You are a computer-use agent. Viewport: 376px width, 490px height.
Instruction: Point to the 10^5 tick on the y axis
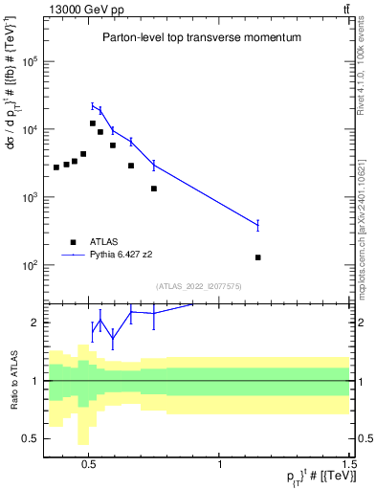(x=29, y=61)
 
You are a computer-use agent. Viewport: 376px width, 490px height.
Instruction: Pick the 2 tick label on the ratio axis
(x=34, y=323)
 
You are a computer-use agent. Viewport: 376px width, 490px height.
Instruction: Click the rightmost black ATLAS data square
(x=258, y=257)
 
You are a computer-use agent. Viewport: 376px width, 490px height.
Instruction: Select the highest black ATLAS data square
(x=93, y=123)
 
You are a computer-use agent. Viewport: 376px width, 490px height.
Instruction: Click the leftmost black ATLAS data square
(x=56, y=167)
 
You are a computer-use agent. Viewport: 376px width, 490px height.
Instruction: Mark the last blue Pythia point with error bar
(x=258, y=225)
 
